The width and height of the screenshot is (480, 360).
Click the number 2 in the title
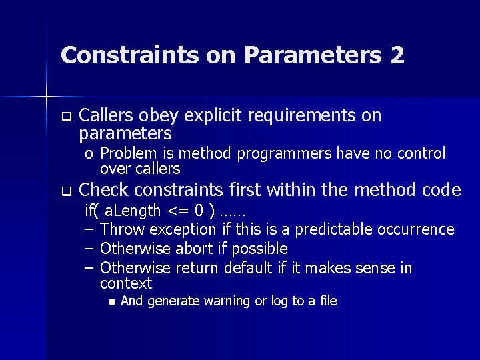397,55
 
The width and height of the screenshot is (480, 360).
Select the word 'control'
421,154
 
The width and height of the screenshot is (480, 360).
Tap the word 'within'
292,191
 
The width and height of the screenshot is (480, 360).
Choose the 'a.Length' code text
133,211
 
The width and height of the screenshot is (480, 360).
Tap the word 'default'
249,268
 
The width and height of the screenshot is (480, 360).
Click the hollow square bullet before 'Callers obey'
66,117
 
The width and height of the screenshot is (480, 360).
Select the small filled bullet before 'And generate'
111,302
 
